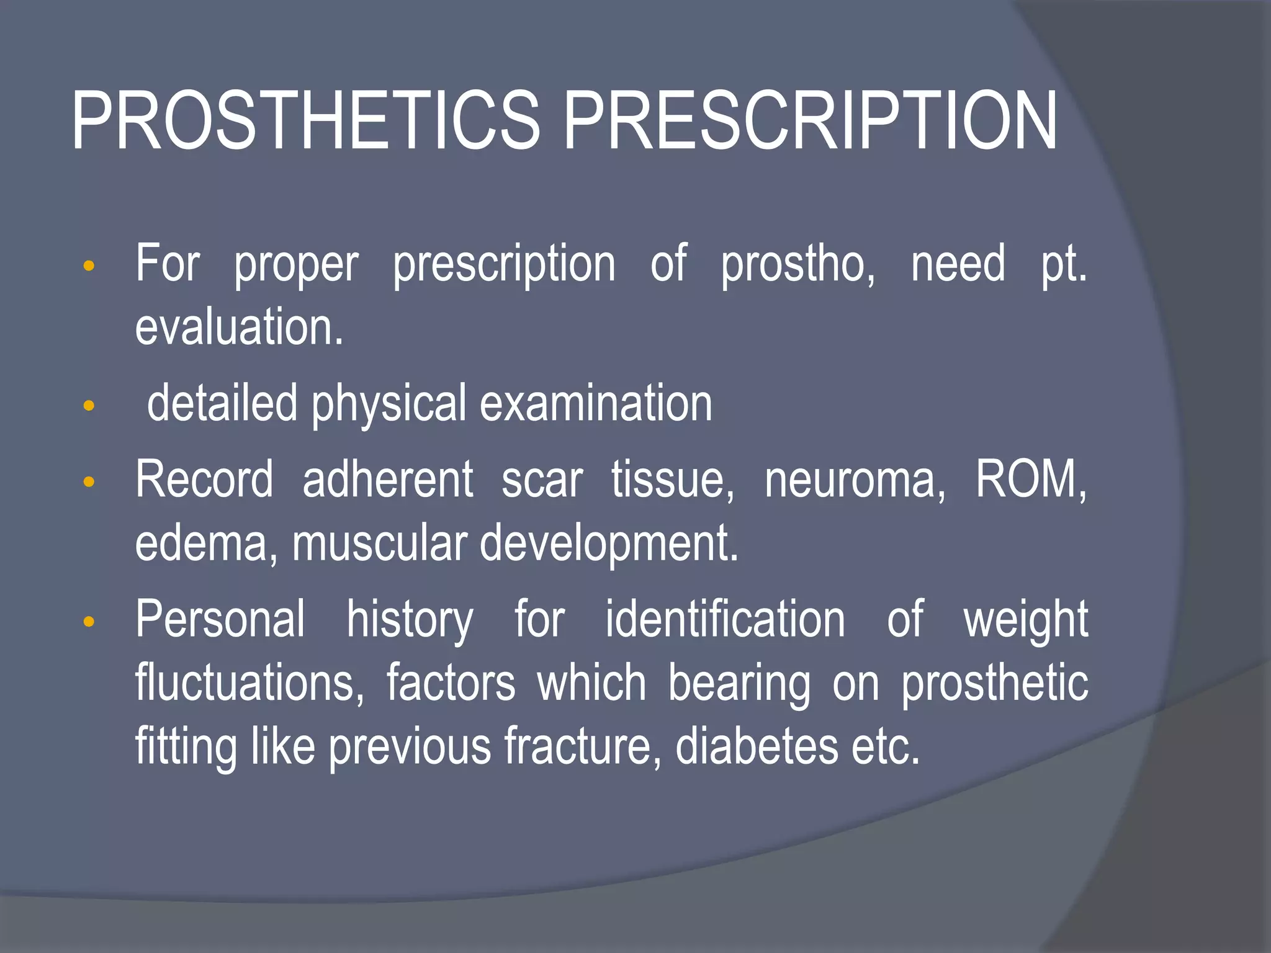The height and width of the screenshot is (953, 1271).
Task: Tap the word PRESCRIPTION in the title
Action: point(810,121)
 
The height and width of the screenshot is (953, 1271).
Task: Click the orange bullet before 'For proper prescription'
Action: point(89,266)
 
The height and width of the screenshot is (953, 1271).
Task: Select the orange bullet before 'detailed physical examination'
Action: point(89,406)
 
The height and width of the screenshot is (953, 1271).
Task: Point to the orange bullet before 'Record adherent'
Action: point(89,482)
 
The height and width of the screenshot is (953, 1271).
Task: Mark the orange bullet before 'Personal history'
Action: point(89,621)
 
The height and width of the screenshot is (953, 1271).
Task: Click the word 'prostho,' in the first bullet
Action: point(798,264)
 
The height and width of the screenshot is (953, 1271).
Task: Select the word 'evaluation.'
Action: point(239,327)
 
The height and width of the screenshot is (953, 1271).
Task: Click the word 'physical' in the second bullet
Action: point(388,405)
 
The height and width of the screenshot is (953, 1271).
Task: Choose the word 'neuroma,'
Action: point(855,480)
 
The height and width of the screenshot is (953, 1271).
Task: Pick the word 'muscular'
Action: point(379,544)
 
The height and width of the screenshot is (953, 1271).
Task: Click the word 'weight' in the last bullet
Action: point(1025,620)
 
